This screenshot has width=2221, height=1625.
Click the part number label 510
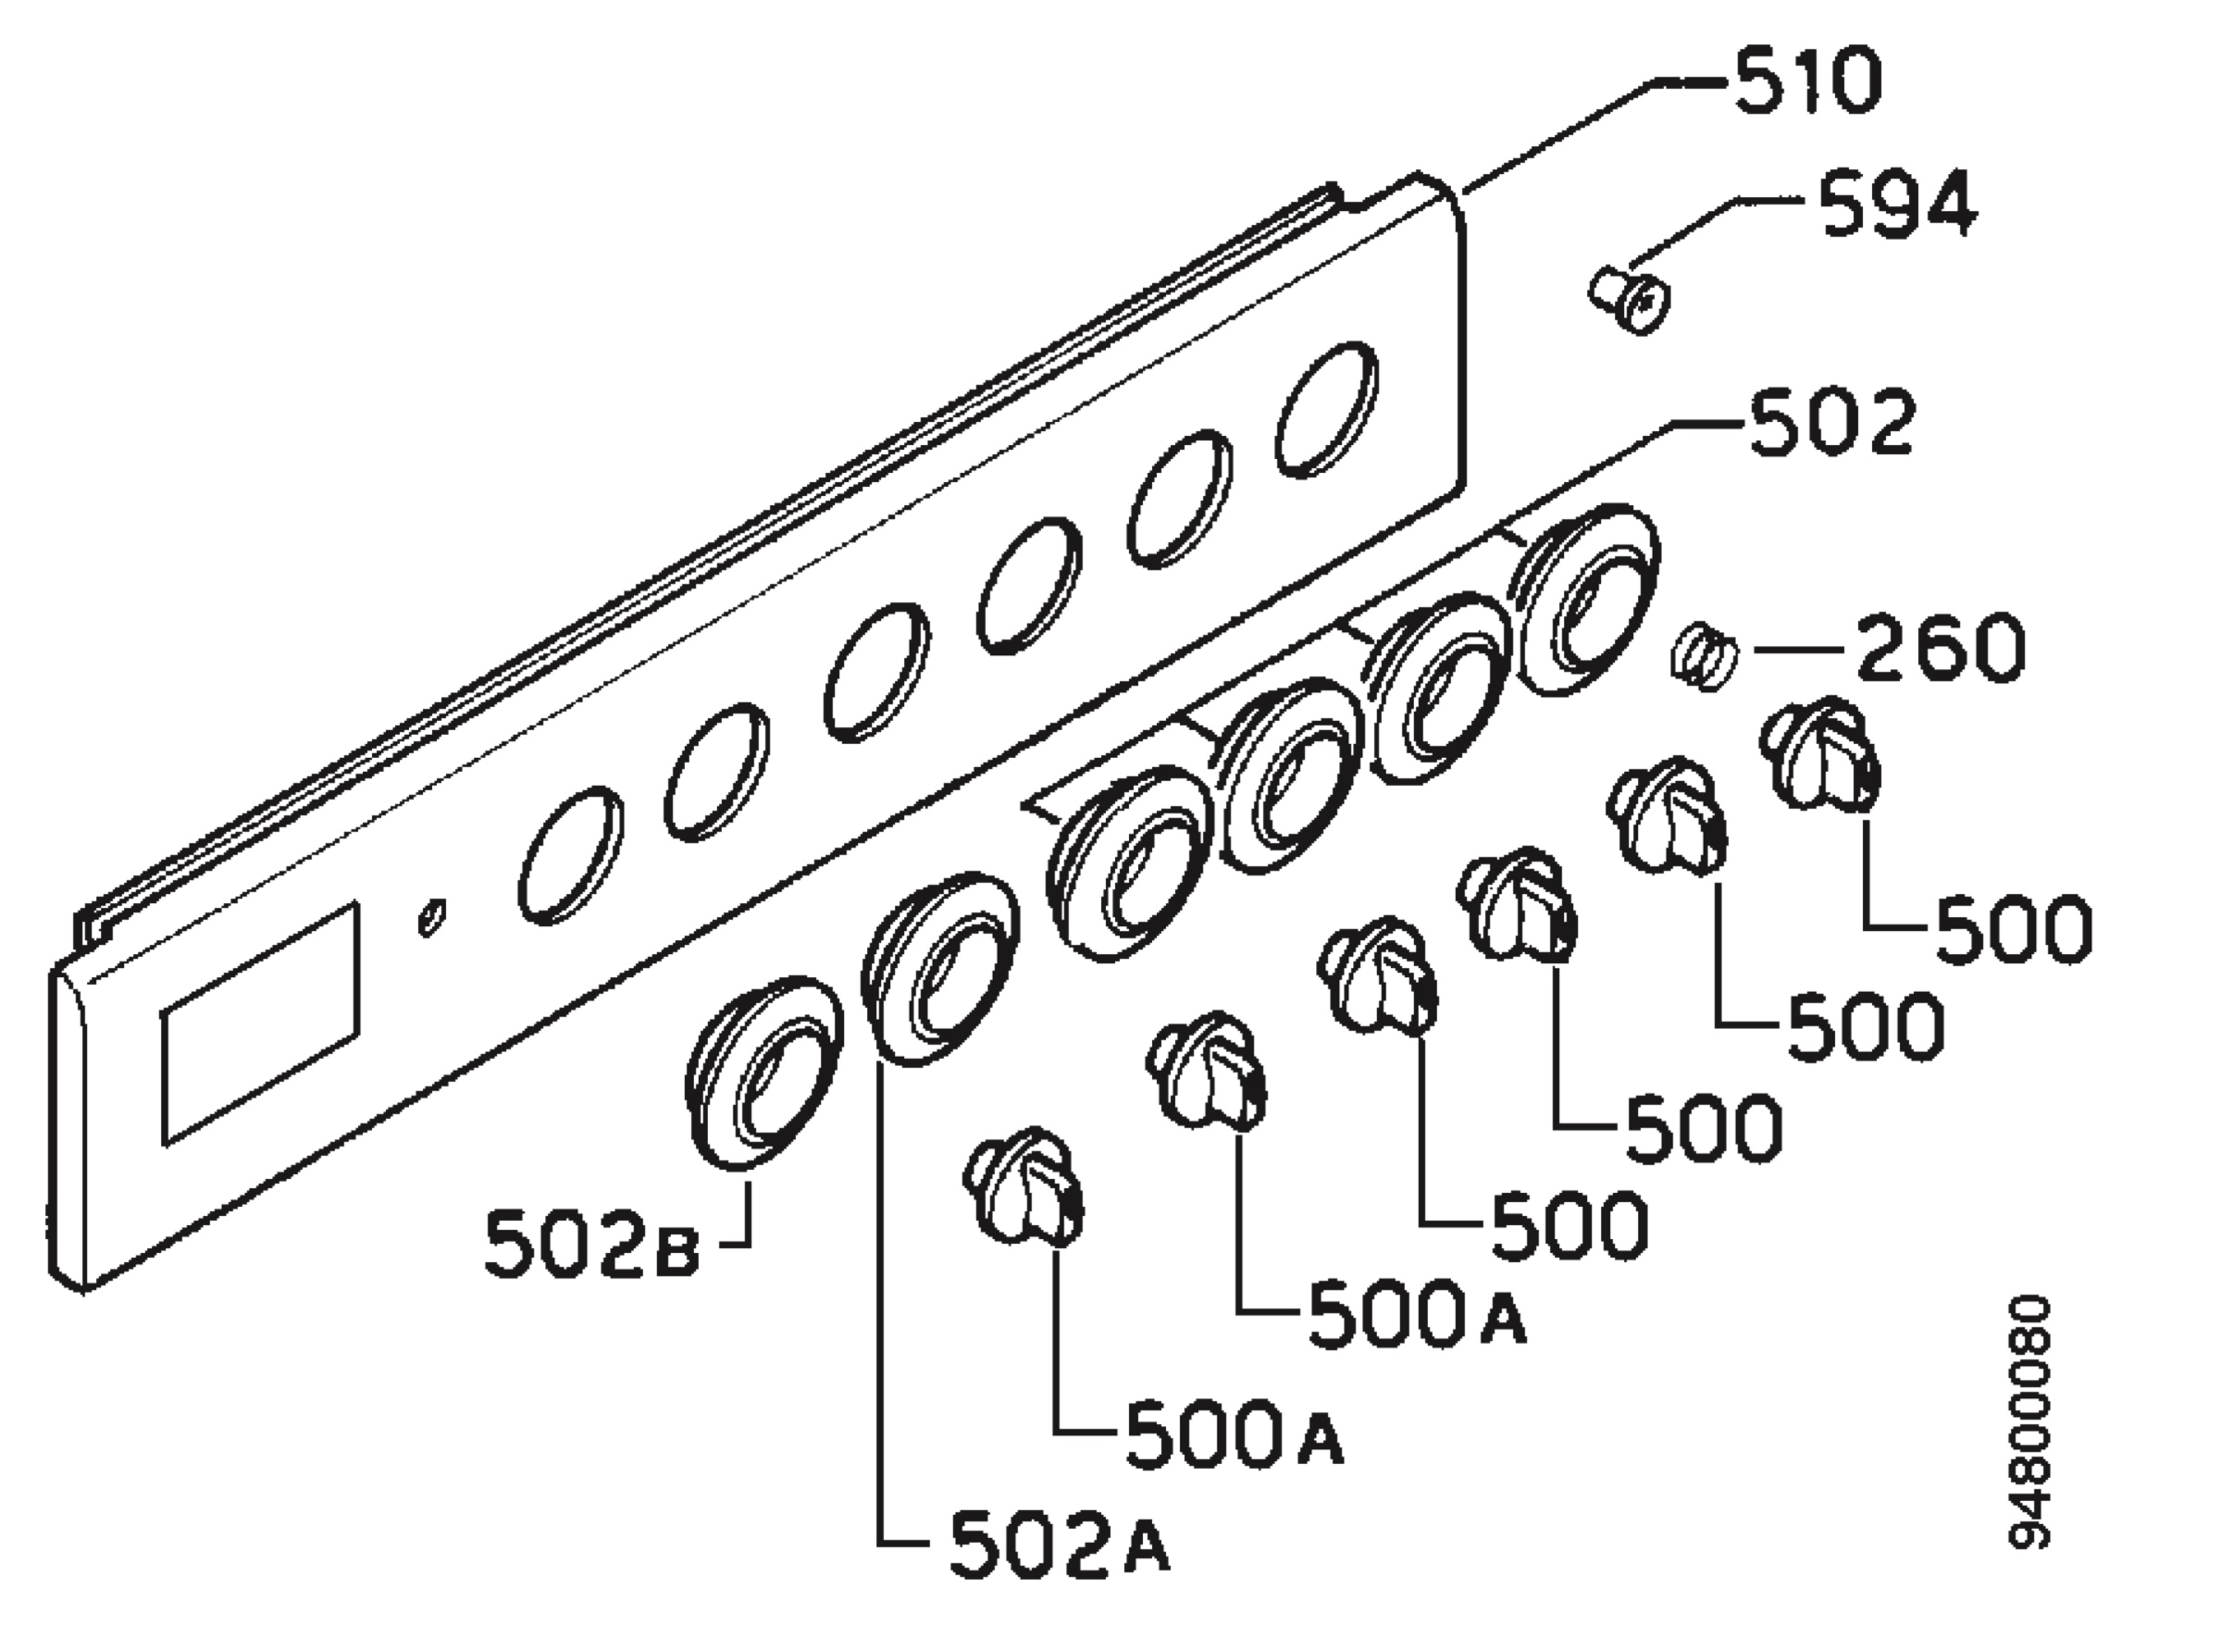pos(1807,82)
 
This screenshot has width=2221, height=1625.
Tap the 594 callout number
pos(1896,204)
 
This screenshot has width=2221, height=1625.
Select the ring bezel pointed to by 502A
pos(939,968)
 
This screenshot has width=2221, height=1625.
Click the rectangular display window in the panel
pos(261,1024)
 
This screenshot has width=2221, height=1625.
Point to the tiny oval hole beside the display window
pos(432,917)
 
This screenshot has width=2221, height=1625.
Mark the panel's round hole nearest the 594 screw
pos(1326,409)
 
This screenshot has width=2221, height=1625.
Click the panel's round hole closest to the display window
pos(570,855)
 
